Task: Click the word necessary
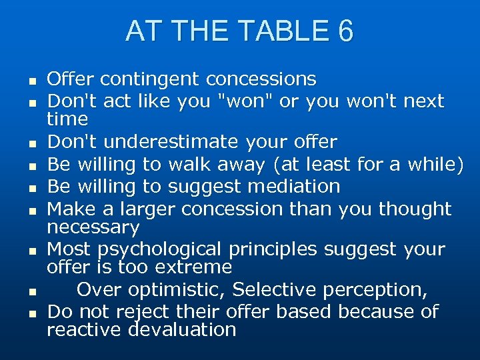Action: tap(93, 227)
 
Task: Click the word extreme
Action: tap(197, 267)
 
